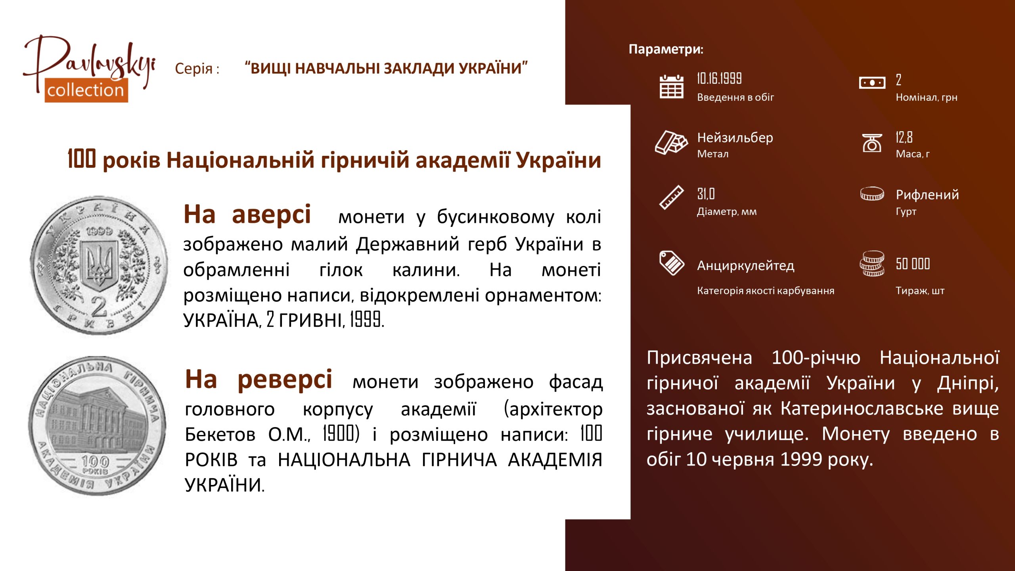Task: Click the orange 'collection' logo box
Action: (x=86, y=90)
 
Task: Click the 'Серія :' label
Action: (x=197, y=69)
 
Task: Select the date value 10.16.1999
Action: (x=719, y=79)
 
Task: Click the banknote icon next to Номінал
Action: (x=872, y=83)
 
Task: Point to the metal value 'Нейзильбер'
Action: (x=735, y=138)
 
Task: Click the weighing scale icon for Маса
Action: (x=872, y=143)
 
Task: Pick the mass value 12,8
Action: (x=904, y=137)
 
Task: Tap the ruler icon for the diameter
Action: (x=671, y=197)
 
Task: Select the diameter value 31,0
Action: (x=706, y=194)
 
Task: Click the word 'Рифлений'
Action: (x=927, y=195)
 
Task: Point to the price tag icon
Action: (x=671, y=263)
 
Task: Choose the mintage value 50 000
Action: (x=913, y=264)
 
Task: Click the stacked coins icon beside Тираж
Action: (x=872, y=263)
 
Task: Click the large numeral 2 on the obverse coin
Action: (x=99, y=307)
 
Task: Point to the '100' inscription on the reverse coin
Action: (x=95, y=461)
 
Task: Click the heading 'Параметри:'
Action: (x=666, y=49)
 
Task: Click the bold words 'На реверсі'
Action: (x=259, y=379)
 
